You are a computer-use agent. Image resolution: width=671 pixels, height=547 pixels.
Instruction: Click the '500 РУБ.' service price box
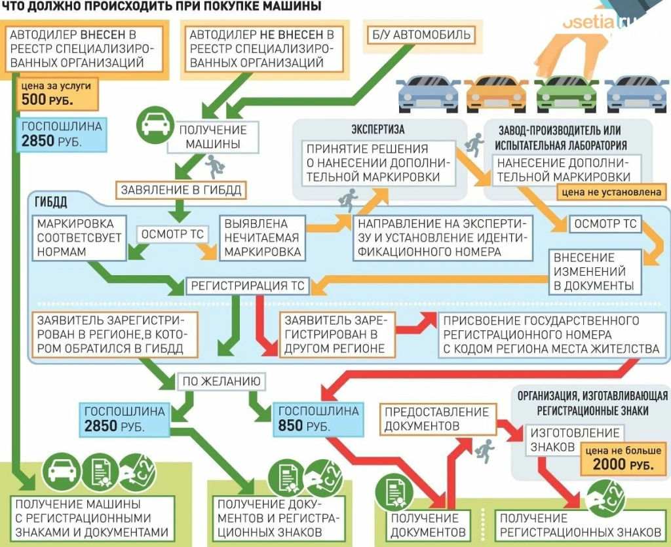coord(57,94)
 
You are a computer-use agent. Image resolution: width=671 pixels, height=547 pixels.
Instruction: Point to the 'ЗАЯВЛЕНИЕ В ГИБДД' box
coord(181,191)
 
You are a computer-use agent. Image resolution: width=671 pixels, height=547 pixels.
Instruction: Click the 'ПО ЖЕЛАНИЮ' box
coord(221,381)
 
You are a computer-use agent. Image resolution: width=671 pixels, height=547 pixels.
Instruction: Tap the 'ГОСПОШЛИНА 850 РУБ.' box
coord(318,419)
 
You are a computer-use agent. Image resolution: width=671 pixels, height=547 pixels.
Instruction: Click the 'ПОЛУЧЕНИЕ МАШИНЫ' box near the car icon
coord(213,137)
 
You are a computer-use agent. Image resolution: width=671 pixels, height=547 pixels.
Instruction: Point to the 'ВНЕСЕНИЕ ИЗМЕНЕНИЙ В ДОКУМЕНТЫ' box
coord(594,272)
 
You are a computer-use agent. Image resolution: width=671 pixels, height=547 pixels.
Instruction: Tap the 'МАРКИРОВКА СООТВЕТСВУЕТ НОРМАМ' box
coord(79,237)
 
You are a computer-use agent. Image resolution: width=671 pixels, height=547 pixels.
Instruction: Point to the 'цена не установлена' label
coord(609,193)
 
